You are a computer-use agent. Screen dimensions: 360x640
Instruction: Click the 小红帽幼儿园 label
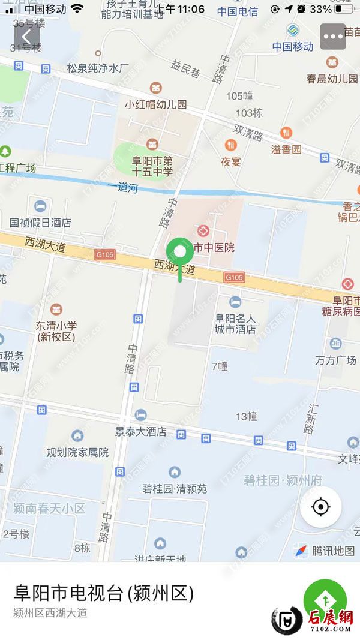tap(155, 104)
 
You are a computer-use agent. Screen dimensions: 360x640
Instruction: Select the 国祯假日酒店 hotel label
tap(40, 222)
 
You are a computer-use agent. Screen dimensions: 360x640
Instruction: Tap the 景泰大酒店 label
tap(141, 431)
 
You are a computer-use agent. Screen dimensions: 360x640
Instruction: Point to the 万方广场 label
tap(335, 360)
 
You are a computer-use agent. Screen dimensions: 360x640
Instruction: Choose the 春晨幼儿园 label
tap(332, 78)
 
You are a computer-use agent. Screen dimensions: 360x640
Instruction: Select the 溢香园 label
tap(286, 149)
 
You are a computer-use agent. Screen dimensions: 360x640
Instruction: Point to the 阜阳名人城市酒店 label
tap(235, 324)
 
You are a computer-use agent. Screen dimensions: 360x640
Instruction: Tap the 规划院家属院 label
tap(78, 452)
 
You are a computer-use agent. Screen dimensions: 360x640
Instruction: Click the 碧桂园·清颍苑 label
tap(175, 488)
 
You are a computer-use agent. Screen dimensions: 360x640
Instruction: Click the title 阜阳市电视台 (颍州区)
tap(104, 593)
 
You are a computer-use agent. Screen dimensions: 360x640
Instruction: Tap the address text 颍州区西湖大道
tap(50, 613)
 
